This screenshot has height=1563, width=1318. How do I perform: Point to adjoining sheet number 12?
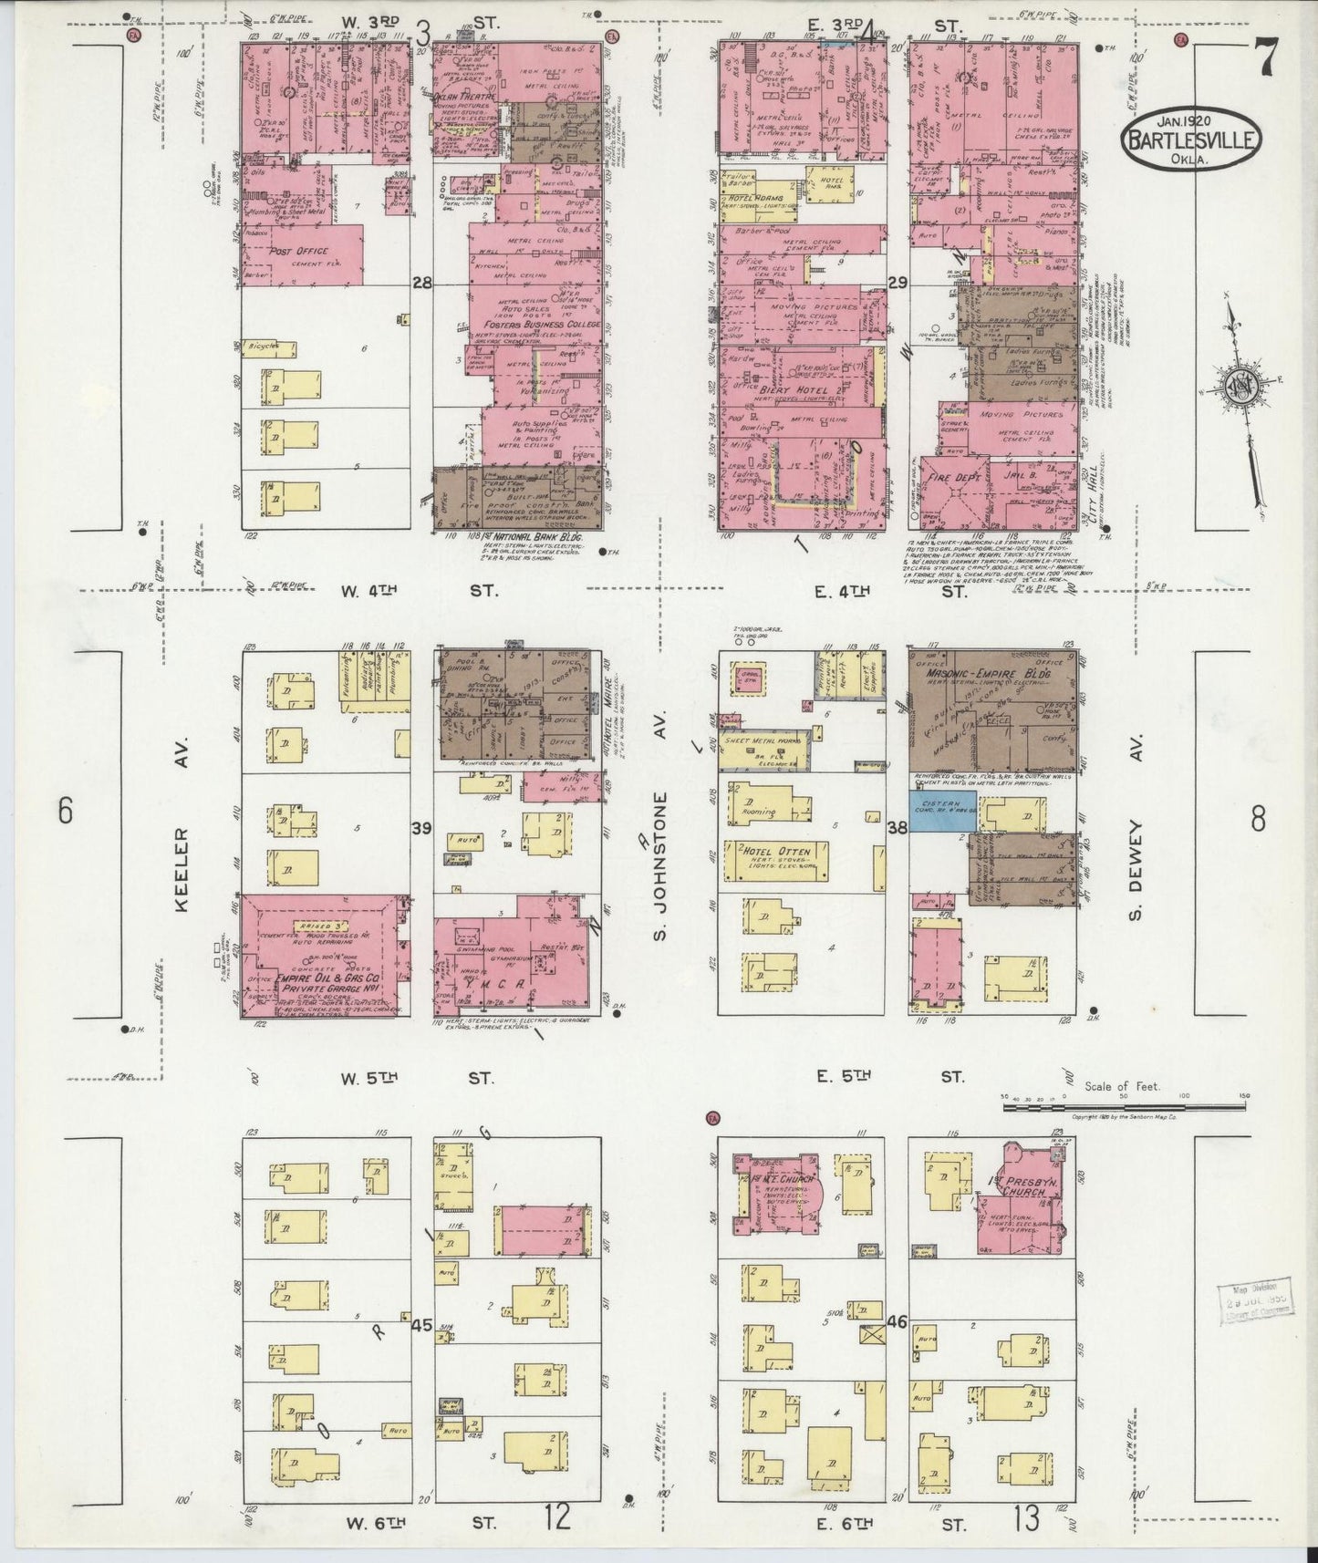(558, 1517)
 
